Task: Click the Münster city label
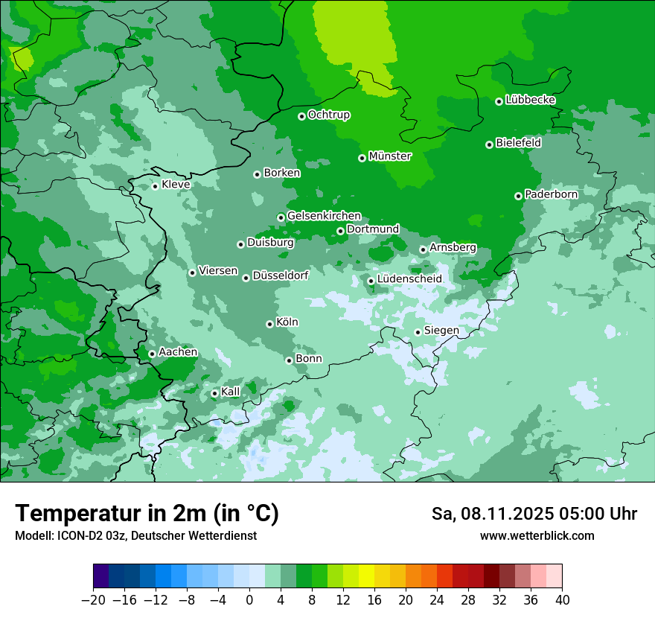(390, 156)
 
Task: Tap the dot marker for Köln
(269, 324)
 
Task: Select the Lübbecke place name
(530, 100)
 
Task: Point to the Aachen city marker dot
(152, 354)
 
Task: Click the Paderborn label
(551, 194)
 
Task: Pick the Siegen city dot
(418, 332)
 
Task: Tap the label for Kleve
(176, 185)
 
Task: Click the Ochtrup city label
(329, 115)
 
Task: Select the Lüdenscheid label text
(409, 279)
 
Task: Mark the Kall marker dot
(214, 393)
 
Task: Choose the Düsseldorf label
(281, 275)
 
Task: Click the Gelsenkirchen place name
(324, 216)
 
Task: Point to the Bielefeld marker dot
(489, 144)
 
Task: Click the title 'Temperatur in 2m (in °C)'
(147, 514)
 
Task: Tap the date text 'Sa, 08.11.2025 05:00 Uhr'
(534, 514)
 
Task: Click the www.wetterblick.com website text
(537, 535)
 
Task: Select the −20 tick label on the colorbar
(93, 600)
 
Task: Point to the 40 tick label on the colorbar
(562, 600)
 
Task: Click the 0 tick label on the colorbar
(249, 600)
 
